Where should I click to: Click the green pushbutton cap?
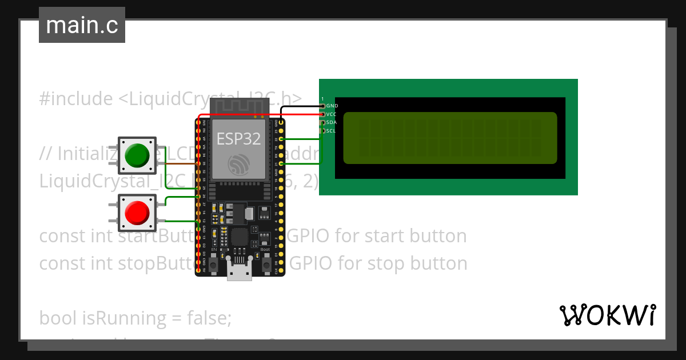tap(137, 155)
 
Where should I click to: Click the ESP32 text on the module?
tap(238, 138)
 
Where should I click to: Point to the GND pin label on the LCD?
tap(332, 106)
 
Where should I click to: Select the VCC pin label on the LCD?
tap(332, 114)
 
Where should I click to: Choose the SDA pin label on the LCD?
tap(332, 122)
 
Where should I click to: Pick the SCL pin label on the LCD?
tap(332, 131)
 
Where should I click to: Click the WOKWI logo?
tap(607, 315)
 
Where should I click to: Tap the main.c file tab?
tap(82, 25)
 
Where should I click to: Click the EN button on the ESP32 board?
tap(214, 263)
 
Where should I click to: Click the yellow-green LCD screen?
tap(450, 138)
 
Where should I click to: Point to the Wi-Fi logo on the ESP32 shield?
tap(239, 164)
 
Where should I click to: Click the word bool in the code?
tap(59, 318)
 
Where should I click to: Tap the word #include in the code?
tap(76, 99)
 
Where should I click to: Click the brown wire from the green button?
tap(177, 163)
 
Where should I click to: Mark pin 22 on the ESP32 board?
tap(281, 139)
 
